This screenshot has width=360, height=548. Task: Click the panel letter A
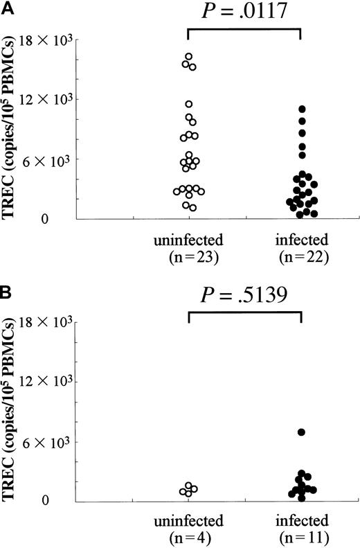pyautogui.click(x=6, y=6)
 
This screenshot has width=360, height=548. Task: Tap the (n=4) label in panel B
pyautogui.click(x=189, y=536)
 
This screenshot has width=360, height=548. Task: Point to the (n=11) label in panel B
pyautogui.click(x=301, y=536)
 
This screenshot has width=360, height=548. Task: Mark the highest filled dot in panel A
pyautogui.click(x=301, y=109)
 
